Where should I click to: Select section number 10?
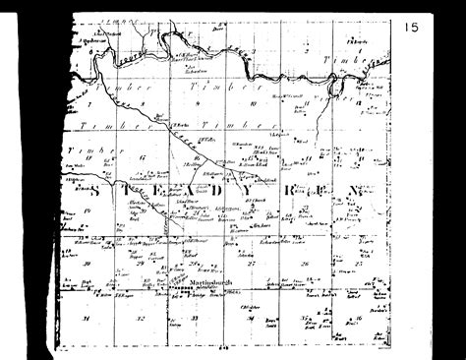[253, 102]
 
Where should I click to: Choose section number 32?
[141, 319]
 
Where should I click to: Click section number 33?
[195, 319]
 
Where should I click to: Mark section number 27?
[252, 264]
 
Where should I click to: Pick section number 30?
[87, 264]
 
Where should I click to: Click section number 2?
[307, 50]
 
